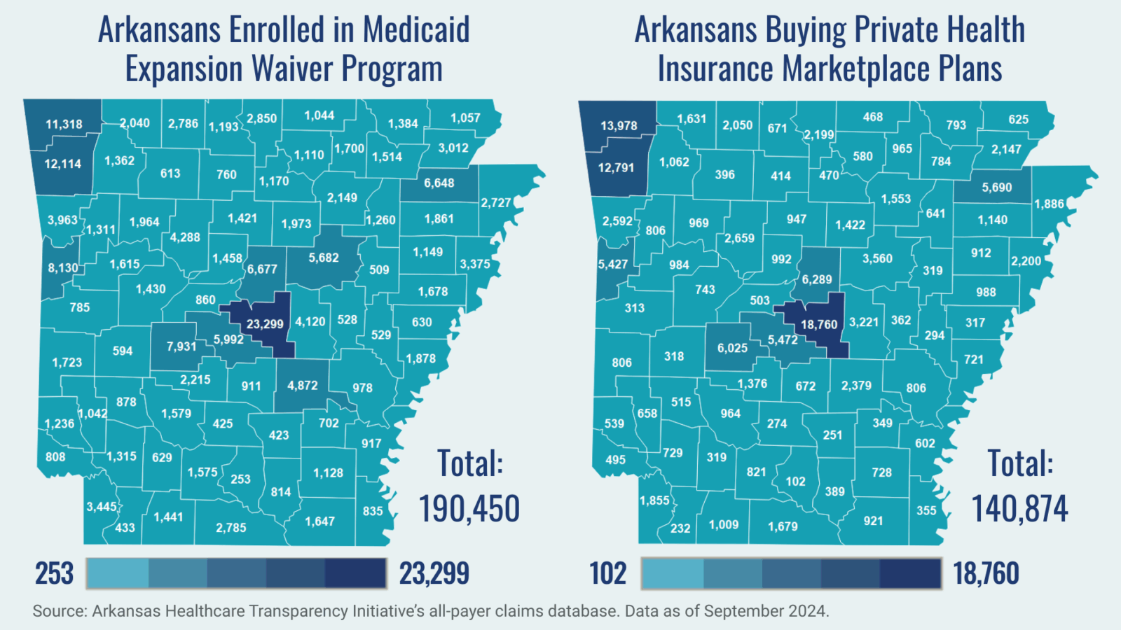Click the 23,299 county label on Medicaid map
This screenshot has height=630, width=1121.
[265, 324]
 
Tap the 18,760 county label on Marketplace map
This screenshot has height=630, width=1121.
[819, 325]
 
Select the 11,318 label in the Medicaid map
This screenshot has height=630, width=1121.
[64, 125]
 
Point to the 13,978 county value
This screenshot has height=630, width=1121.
[619, 126]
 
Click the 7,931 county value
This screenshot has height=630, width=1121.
[181, 346]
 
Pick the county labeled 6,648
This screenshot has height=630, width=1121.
[439, 183]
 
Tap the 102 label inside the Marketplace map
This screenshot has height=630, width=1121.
[795, 482]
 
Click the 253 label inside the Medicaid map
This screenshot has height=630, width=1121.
[240, 479]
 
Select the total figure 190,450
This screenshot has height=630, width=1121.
[469, 509]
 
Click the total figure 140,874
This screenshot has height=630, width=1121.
[1019, 509]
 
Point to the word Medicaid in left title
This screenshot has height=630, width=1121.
[416, 30]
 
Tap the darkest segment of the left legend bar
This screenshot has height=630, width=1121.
[356, 573]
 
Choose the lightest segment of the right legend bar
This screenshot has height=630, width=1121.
[673, 573]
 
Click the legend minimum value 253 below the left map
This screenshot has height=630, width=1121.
[55, 574]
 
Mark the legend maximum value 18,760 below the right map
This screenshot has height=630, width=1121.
[986, 574]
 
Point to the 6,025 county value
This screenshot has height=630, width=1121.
[732, 348]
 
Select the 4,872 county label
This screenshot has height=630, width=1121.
[303, 386]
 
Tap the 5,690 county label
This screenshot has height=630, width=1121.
[996, 188]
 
